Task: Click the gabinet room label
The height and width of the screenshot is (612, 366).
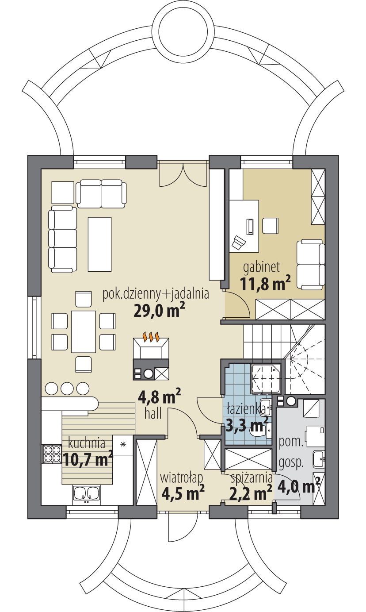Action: [262, 267]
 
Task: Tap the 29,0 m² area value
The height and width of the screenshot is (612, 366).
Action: [159, 310]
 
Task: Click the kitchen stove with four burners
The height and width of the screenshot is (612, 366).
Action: [51, 454]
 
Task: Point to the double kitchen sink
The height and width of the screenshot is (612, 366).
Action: [86, 495]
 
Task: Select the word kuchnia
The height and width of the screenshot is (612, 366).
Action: [87, 443]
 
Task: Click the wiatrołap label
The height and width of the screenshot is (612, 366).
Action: [181, 478]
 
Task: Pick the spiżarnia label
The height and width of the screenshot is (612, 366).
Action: [251, 478]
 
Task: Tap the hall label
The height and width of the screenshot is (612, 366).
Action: [152, 413]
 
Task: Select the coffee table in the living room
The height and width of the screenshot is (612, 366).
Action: [99, 244]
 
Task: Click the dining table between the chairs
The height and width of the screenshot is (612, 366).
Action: [84, 331]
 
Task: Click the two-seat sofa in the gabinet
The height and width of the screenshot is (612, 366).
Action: [309, 264]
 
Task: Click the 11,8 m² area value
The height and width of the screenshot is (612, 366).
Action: [265, 284]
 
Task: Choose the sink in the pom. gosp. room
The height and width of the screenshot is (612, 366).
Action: [318, 459]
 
